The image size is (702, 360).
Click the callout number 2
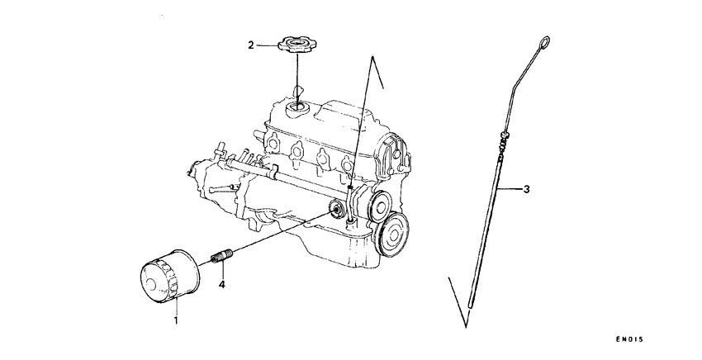(x=251, y=45)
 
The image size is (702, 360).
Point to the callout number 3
(x=527, y=189)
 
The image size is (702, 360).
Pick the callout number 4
(x=221, y=285)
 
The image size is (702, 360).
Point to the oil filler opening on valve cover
(x=296, y=107)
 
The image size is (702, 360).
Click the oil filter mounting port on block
(x=335, y=209)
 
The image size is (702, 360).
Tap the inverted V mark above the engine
(x=377, y=71)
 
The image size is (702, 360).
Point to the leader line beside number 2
(x=269, y=45)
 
